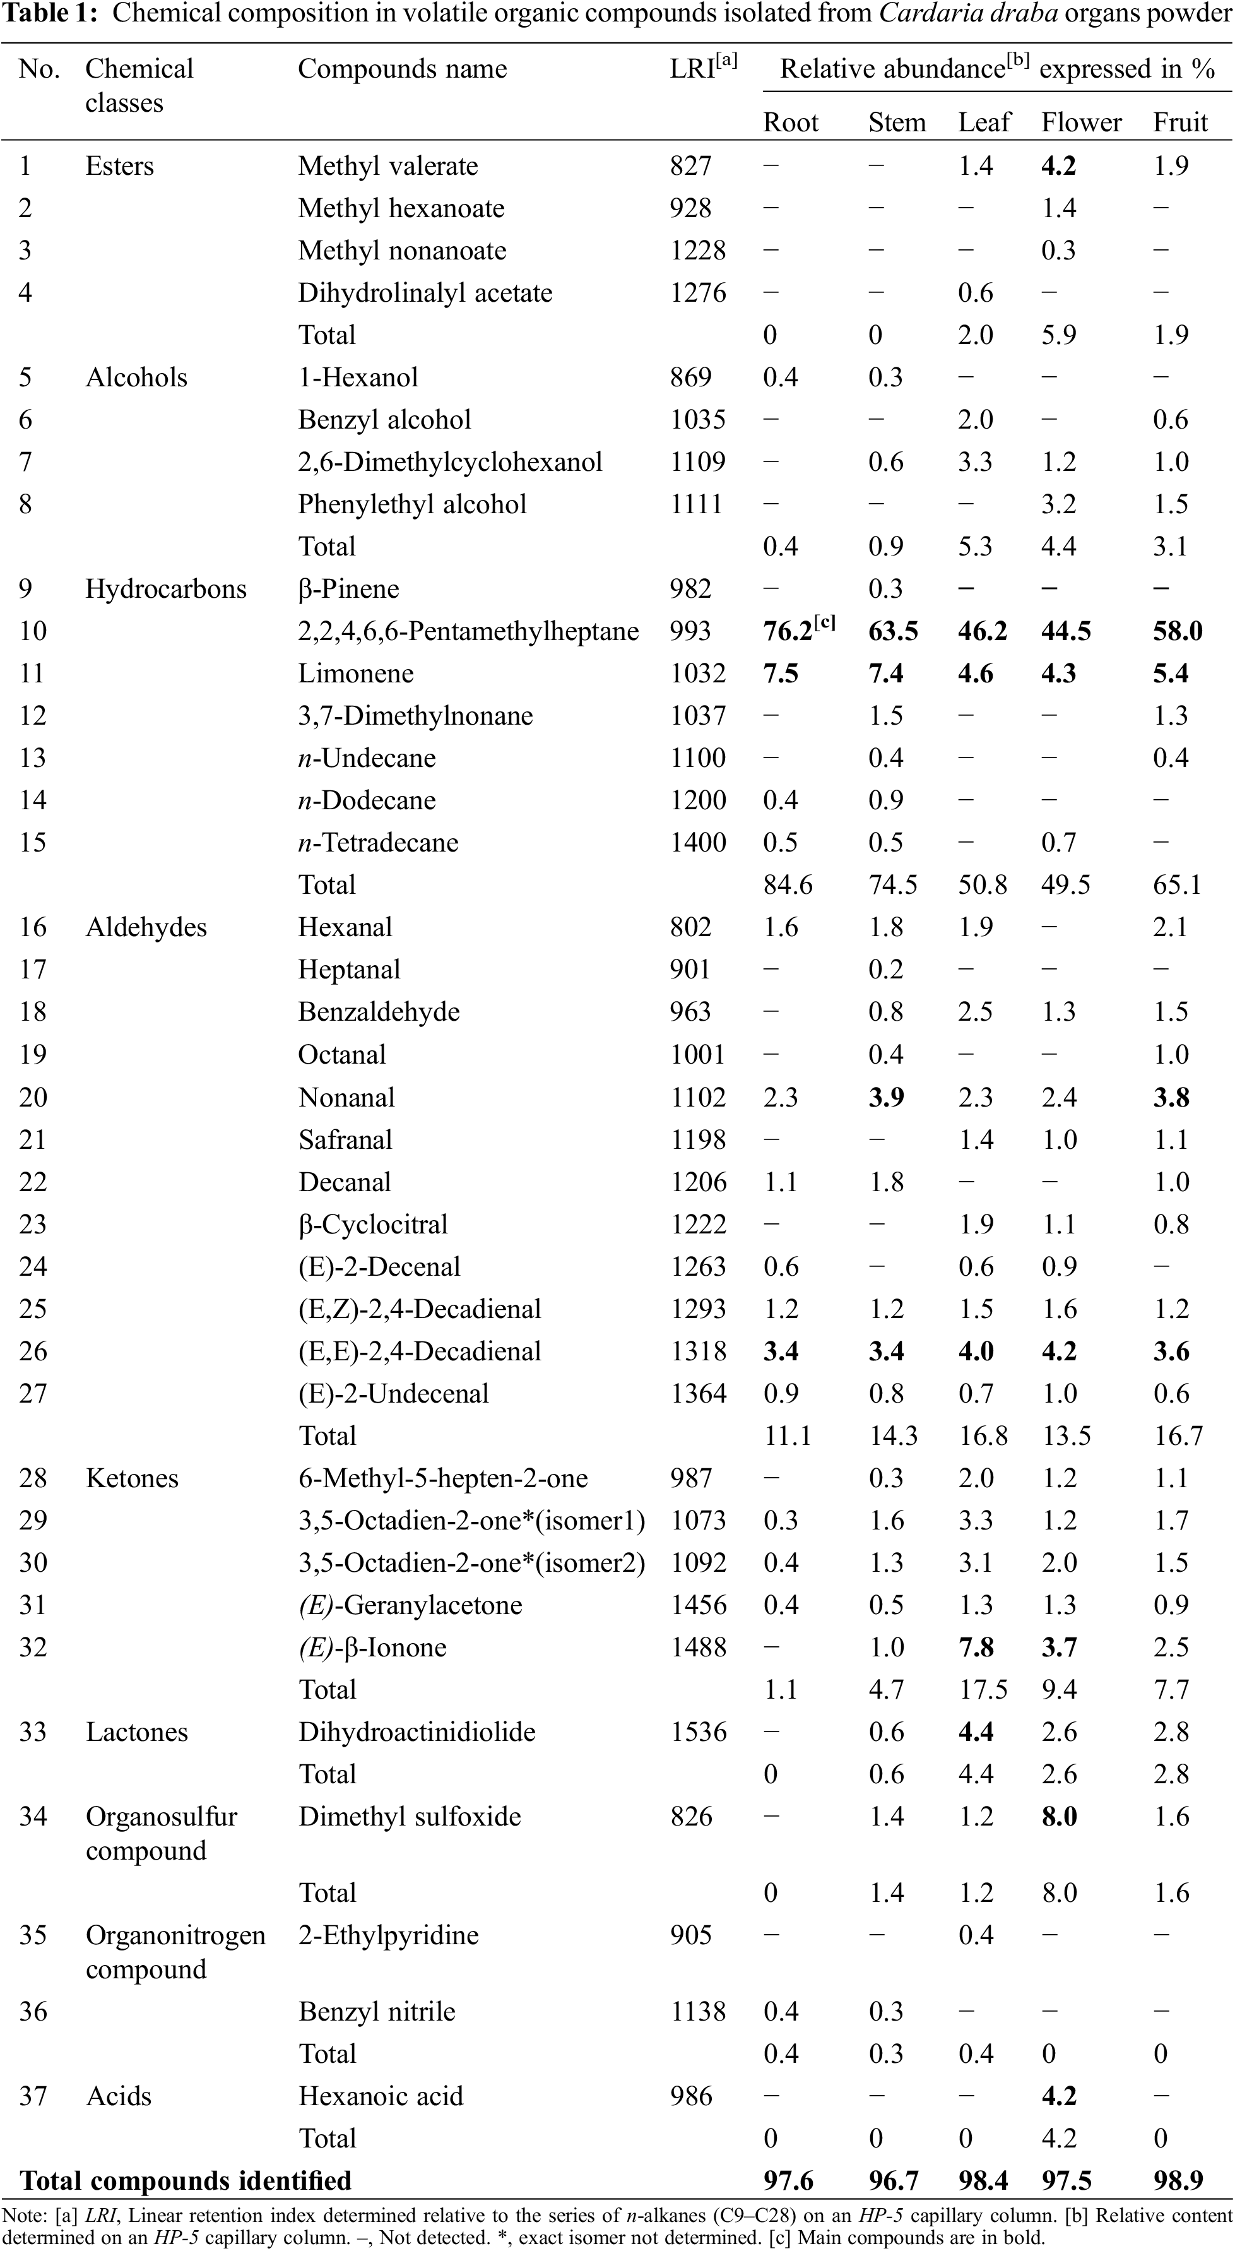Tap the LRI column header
pos(702,68)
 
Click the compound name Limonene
pos(355,673)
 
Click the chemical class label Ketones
pos(132,1478)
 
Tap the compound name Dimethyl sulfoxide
pos(409,1816)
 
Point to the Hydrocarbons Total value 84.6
pos(788,884)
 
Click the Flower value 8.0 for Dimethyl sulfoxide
pos(1058,1816)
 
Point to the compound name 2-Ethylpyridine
pos(388,1935)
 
